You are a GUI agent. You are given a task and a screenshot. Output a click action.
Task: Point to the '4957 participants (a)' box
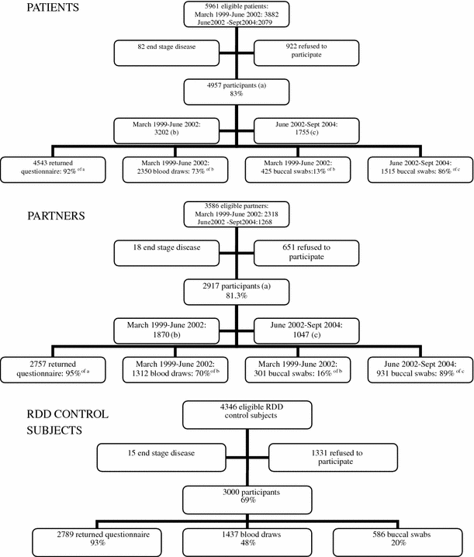pyautogui.click(x=237, y=90)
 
